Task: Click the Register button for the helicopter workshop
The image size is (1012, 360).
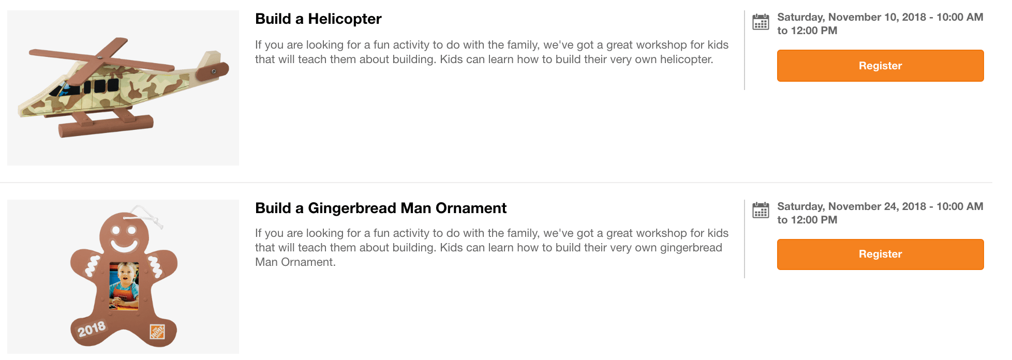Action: coord(880,66)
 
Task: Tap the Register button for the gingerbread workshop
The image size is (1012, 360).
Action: coord(880,254)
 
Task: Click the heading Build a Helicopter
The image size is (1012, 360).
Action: coord(318,19)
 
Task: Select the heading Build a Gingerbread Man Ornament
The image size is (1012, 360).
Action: coord(381,208)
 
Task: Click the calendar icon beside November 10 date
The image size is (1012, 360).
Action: coord(761,22)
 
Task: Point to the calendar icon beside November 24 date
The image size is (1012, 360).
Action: coord(761,211)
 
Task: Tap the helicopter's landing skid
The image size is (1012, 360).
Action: coord(106,126)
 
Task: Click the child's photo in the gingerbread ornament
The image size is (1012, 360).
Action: coord(124,286)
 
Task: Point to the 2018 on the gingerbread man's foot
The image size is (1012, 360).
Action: coord(92,328)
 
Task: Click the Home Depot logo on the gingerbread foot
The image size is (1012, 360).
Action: coord(157,332)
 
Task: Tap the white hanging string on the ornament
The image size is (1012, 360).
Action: coord(146,216)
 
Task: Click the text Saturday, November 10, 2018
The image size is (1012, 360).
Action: coord(852,17)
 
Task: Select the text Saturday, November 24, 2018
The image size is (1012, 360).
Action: coord(852,206)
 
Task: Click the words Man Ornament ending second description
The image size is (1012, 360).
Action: coord(295,262)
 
